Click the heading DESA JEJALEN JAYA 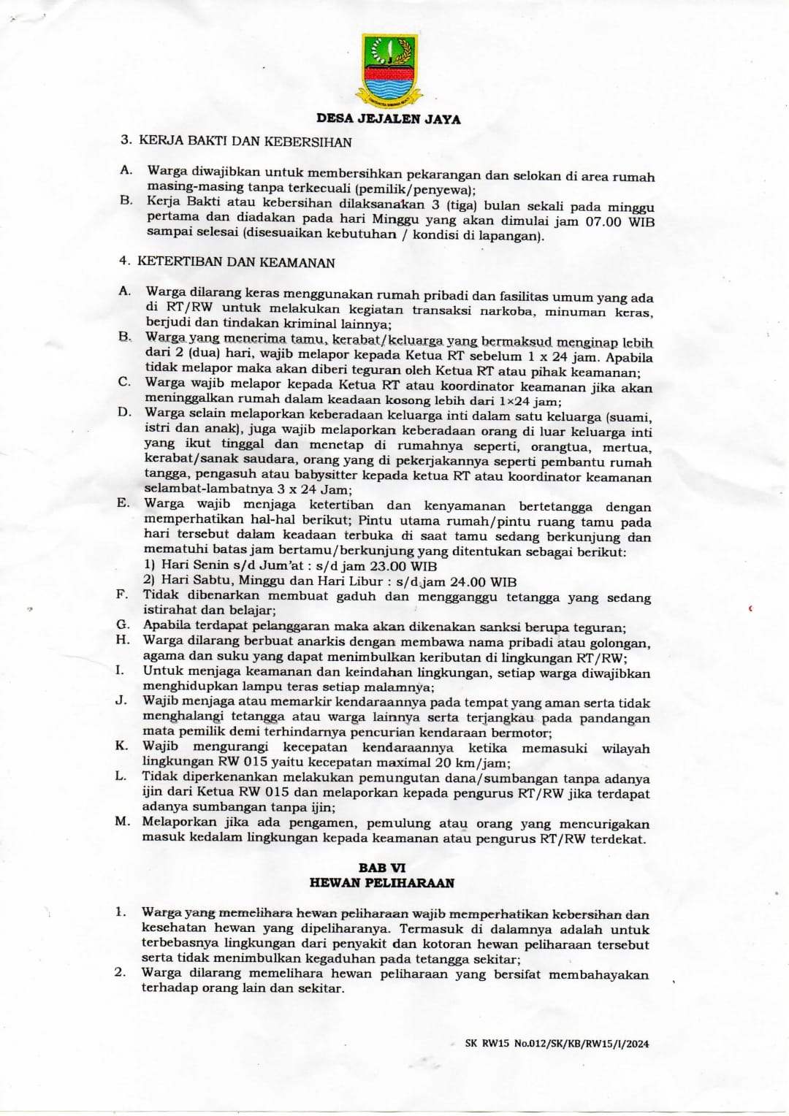tap(389, 118)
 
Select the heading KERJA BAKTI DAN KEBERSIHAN tap(245, 142)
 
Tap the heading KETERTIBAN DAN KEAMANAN tap(236, 262)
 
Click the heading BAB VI tap(381, 868)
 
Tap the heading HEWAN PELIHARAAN tap(381, 883)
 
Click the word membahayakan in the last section tap(598, 974)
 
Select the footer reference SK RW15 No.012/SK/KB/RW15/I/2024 tap(557, 1044)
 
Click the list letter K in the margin tap(121, 746)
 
